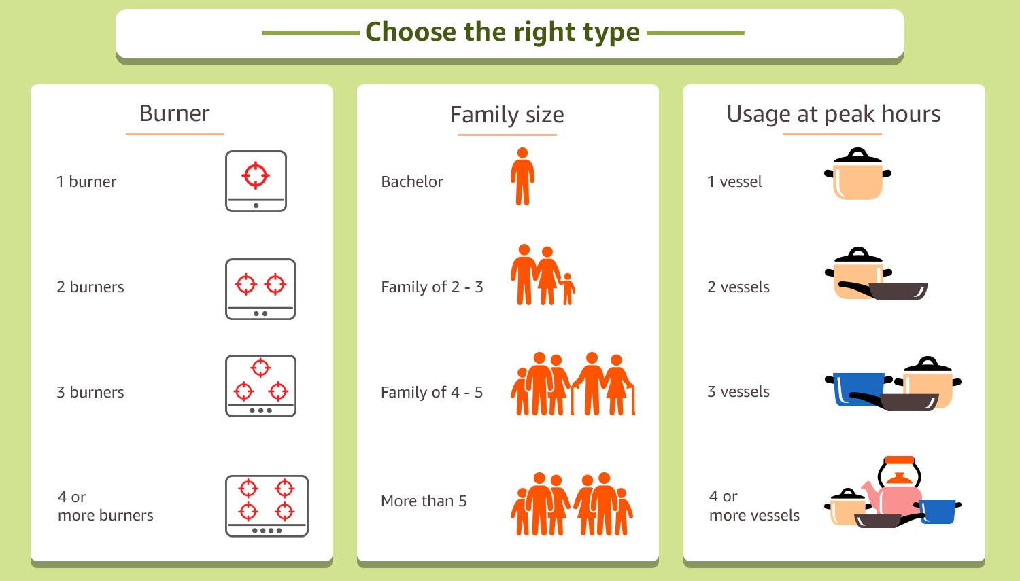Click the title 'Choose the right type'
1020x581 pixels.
click(x=503, y=33)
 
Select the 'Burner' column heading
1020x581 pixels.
click(x=174, y=113)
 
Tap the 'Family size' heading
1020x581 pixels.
click(x=507, y=114)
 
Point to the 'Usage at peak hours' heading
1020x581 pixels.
click(x=833, y=113)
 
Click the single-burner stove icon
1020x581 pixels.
click(x=256, y=181)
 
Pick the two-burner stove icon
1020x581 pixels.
click(x=260, y=289)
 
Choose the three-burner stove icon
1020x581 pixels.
click(x=260, y=386)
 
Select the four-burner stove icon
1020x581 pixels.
click(x=267, y=506)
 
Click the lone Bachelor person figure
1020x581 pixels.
click(x=522, y=177)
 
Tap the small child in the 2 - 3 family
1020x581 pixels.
click(x=567, y=289)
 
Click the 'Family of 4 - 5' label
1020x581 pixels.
click(x=432, y=392)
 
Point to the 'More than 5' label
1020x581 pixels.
click(x=424, y=501)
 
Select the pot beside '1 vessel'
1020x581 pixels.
click(x=858, y=174)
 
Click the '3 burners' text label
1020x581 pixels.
click(x=90, y=392)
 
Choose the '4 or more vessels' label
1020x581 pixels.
click(x=754, y=506)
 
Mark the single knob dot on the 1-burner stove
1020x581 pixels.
click(x=256, y=206)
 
